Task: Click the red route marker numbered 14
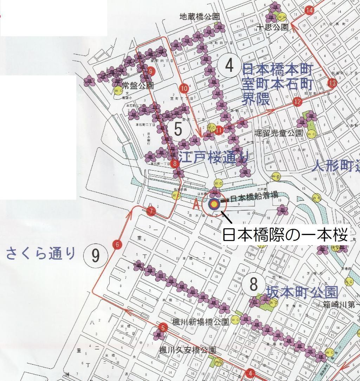point(309,10)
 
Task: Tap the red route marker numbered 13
point(332,83)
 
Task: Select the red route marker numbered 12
point(297,102)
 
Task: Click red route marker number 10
point(184,88)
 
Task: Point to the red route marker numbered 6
point(117,245)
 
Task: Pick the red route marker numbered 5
point(162,328)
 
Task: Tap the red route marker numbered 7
point(151,211)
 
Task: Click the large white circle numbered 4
point(229,65)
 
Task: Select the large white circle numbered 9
point(96,255)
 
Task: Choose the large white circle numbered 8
point(253,284)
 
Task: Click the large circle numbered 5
point(178,129)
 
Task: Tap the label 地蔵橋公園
point(200,17)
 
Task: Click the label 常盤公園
point(138,85)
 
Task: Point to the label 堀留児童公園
point(278,133)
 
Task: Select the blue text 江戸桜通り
point(213,158)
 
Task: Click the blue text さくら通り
point(41,253)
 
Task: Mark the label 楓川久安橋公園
point(187,350)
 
